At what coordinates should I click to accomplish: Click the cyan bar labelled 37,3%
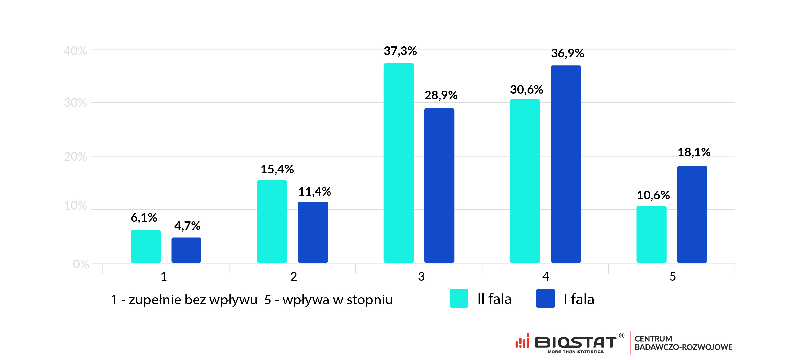[398, 163]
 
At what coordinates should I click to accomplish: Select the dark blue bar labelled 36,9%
[565, 164]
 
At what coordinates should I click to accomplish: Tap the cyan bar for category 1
[146, 246]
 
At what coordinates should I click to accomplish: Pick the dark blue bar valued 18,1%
[692, 214]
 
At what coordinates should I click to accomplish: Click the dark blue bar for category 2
[313, 232]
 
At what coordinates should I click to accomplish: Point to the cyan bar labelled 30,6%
[525, 181]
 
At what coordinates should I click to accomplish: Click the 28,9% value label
[441, 95]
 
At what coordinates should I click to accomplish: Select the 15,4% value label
[277, 169]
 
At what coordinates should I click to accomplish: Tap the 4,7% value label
[187, 226]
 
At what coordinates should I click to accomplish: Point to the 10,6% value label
[653, 195]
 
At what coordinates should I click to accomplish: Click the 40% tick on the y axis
[75, 51]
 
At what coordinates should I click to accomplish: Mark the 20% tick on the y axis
[75, 156]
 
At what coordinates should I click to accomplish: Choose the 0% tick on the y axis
[81, 264]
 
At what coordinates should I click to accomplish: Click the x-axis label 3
[421, 277]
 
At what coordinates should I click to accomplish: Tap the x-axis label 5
[673, 277]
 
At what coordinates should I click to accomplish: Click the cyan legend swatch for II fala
[459, 298]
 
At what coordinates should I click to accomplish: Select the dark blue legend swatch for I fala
[545, 298]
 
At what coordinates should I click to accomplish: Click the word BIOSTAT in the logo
[576, 342]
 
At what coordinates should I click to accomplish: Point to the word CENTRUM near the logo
[653, 339]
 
